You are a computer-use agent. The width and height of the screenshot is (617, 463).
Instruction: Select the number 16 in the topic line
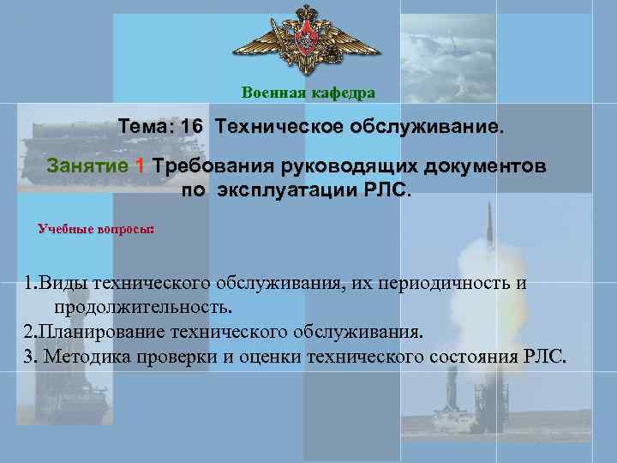pyautogui.click(x=192, y=127)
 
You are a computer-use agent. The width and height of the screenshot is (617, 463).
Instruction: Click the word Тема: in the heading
pyautogui.click(x=147, y=127)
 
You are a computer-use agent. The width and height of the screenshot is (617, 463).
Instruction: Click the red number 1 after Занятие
pyautogui.click(x=140, y=165)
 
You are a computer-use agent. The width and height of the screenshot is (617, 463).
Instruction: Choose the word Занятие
pyautogui.click(x=88, y=165)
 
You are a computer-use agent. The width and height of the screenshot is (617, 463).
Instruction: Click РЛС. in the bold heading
pyautogui.click(x=389, y=189)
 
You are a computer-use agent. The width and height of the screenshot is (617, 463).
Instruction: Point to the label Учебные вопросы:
pyautogui.click(x=97, y=229)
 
